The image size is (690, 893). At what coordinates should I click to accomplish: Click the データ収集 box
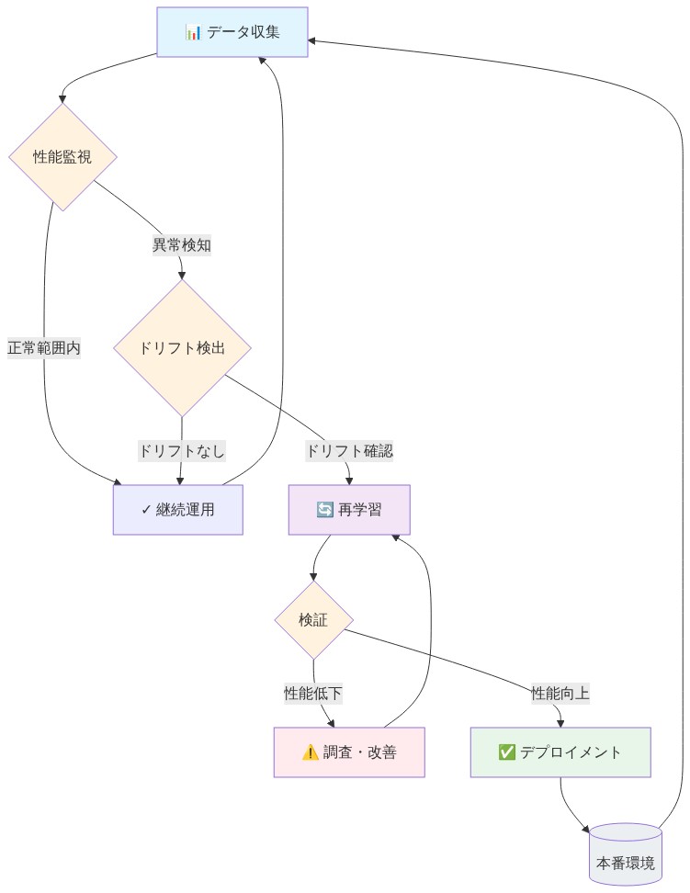tap(232, 33)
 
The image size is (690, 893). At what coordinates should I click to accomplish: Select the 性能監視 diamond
tap(62, 157)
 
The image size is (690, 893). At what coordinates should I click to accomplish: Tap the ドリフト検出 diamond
tap(182, 348)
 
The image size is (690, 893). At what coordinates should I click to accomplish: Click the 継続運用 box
tap(177, 509)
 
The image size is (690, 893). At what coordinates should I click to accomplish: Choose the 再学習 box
tap(349, 509)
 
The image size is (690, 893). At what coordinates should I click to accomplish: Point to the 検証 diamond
tap(313, 620)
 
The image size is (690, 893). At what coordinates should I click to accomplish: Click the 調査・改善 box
tap(349, 752)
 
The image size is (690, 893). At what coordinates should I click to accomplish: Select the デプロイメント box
tap(560, 752)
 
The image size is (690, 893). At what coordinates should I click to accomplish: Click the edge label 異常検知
tap(182, 245)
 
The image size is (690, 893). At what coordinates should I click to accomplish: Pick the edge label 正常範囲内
tap(44, 348)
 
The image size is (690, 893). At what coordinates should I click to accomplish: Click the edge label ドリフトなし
tap(182, 451)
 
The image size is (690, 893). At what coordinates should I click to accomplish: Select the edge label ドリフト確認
tap(349, 451)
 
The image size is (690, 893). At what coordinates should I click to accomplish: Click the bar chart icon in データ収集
tap(193, 33)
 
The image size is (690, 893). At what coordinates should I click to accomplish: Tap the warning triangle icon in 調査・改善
tap(311, 752)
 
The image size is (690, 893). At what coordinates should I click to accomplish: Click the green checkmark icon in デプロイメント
tap(506, 752)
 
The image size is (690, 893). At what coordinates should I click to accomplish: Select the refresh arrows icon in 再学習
tap(324, 509)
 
